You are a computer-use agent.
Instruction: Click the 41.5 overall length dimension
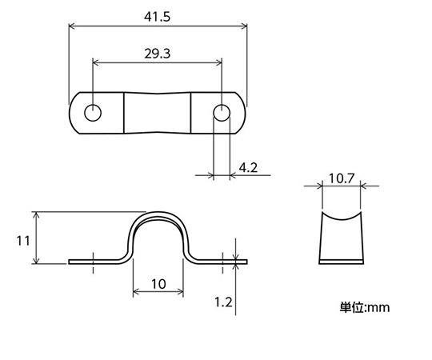pyautogui.click(x=157, y=17)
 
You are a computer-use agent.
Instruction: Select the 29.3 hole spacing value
pyautogui.click(x=158, y=54)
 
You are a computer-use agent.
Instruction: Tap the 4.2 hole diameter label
pyautogui.click(x=248, y=167)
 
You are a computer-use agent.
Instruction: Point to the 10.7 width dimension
pyautogui.click(x=341, y=178)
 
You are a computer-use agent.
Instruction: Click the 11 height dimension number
pyautogui.click(x=23, y=242)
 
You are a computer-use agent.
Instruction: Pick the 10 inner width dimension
pyautogui.click(x=158, y=284)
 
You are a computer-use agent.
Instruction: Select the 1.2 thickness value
pyautogui.click(x=223, y=302)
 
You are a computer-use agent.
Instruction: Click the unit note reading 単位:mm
pyautogui.click(x=365, y=307)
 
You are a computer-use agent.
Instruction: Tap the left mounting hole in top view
pyautogui.click(x=93, y=113)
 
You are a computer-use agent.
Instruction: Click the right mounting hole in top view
pyautogui.click(x=222, y=113)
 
